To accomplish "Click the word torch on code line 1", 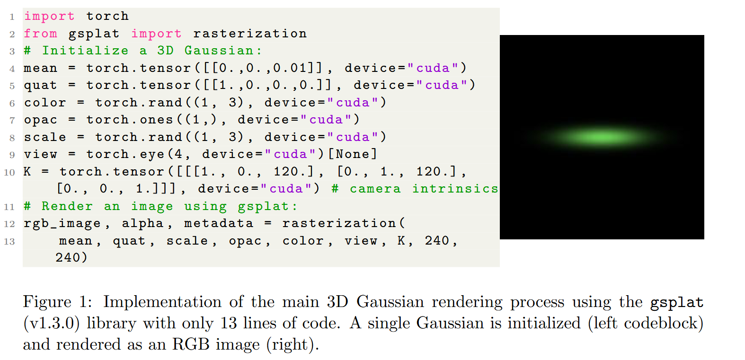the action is point(107,16).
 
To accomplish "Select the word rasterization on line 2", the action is point(249,34).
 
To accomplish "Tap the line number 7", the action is point(12,120).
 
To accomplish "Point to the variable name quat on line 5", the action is point(40,85).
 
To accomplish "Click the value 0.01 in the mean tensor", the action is point(291,68).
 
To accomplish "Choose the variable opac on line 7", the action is point(40,120).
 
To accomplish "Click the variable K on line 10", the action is point(27,171).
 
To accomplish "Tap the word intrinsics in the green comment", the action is point(455,189).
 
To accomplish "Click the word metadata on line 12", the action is point(219,223).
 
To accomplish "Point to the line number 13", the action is point(9,242).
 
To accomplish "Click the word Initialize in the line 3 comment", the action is point(85,51).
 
